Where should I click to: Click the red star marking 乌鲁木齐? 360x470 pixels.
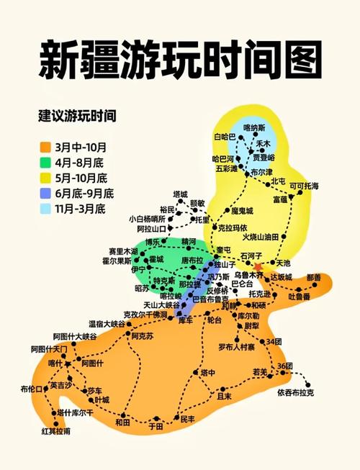coord(258,267)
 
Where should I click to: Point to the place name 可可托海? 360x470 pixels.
coord(304,186)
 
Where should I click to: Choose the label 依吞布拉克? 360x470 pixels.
coord(295,393)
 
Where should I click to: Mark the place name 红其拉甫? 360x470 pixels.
coord(56,431)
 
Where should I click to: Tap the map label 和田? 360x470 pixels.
coord(123,422)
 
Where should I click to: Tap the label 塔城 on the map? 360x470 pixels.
coord(179,194)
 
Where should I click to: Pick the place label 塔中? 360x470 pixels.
coord(207,372)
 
